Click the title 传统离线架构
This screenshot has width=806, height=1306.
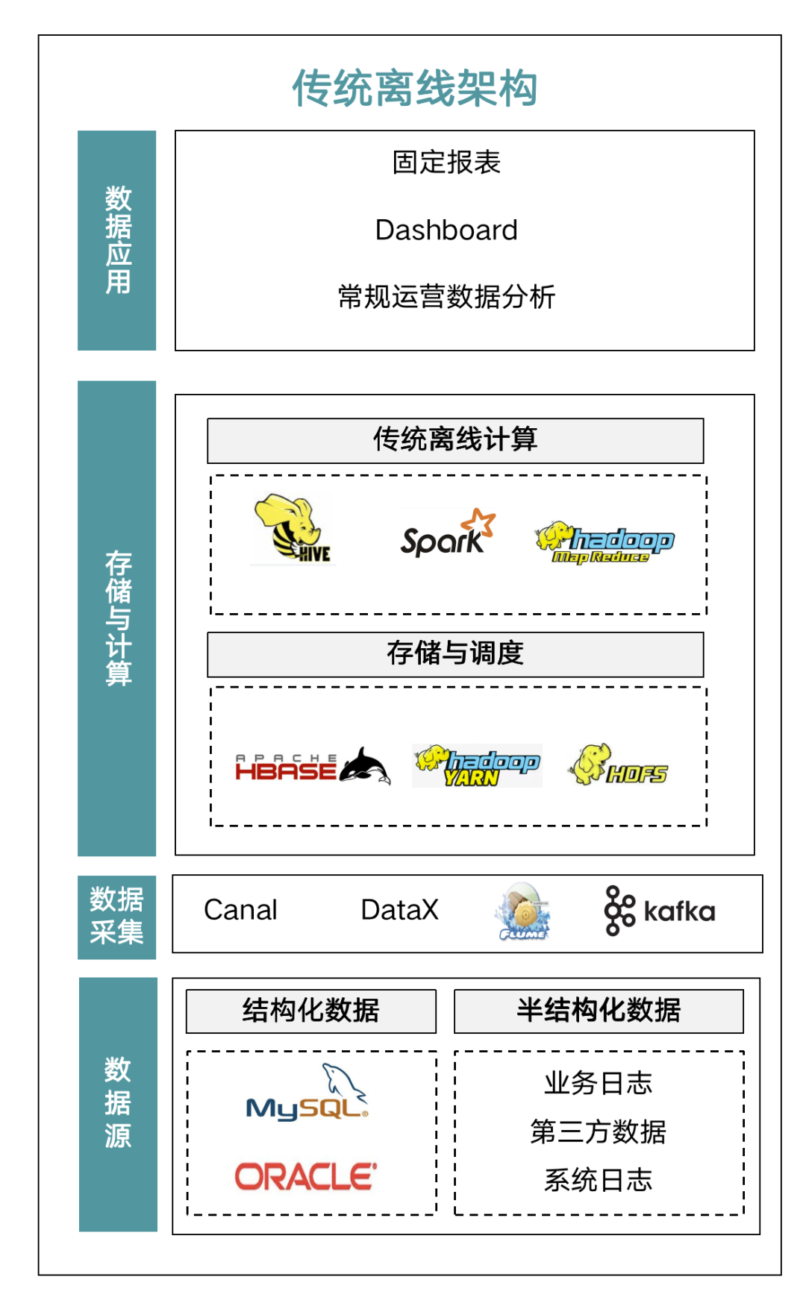coord(414,88)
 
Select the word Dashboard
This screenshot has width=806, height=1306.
coord(446,230)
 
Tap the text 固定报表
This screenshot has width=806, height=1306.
coord(446,163)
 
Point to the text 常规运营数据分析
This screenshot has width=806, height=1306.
coord(446,297)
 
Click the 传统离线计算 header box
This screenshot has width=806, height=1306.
coord(455,440)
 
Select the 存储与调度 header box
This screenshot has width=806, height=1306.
coord(455,654)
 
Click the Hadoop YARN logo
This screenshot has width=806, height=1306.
coord(477,765)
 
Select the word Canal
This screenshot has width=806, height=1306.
coord(240,910)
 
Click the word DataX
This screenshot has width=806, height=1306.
coord(399,910)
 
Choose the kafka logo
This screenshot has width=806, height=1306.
coord(660,911)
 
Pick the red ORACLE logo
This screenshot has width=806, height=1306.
coord(306,1177)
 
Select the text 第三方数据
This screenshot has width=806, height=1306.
coord(598,1131)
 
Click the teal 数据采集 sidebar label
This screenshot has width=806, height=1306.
coord(116,917)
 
